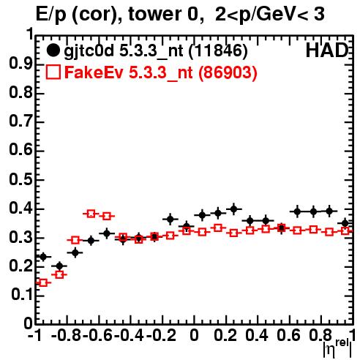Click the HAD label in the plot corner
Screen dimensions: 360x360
click(x=327, y=50)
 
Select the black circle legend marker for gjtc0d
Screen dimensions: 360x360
click(x=53, y=50)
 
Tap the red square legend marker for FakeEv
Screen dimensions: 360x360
click(x=53, y=72)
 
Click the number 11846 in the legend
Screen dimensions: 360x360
click(x=218, y=51)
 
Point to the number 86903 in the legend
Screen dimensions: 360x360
click(x=228, y=73)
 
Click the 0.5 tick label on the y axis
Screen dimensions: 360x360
click(x=20, y=180)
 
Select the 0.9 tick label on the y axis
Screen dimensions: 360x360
click(x=20, y=64)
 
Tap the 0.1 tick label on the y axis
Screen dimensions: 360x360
click(x=22, y=295)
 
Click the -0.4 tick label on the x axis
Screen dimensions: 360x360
click(x=130, y=335)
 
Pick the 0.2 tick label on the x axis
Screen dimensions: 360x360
click(x=226, y=335)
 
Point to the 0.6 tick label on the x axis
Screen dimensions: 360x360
click(x=288, y=335)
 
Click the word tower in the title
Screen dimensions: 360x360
click(x=153, y=14)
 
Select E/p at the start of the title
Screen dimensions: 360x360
click(x=51, y=15)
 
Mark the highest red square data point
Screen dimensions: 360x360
click(x=91, y=214)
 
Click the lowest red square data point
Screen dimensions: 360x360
click(x=43, y=283)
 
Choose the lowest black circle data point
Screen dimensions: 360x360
click(x=59, y=266)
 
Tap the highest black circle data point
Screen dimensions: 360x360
click(x=233, y=209)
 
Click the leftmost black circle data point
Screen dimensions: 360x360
click(x=43, y=257)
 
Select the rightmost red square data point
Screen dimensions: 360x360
click(x=345, y=230)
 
